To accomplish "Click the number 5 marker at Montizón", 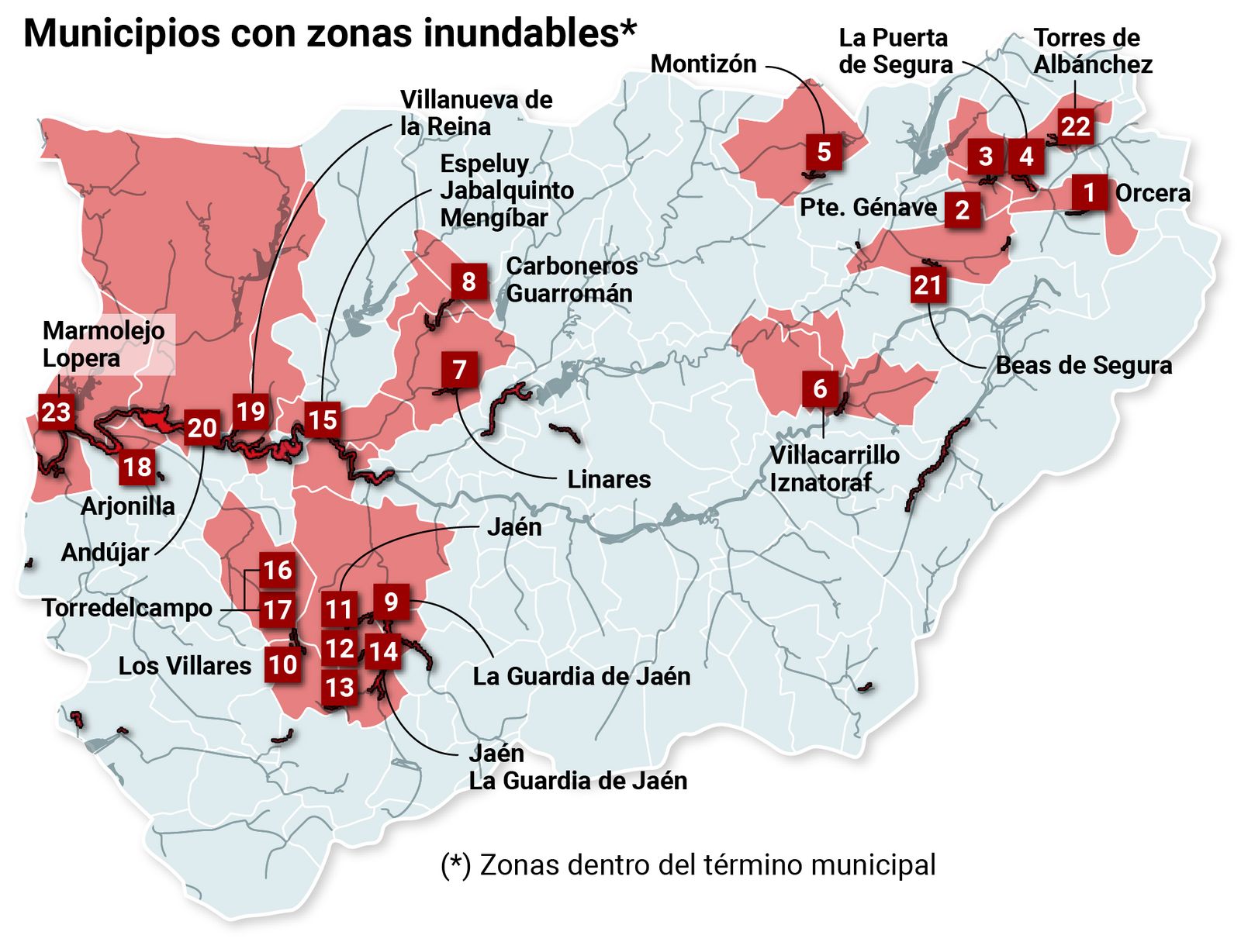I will [x=824, y=151].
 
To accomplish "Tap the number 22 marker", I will [x=1075, y=126].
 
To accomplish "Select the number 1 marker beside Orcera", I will [x=1089, y=192].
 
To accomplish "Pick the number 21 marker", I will [x=928, y=285].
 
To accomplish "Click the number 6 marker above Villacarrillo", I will [x=820, y=388].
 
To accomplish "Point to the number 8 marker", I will [x=468, y=281].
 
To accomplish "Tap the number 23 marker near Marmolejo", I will [x=56, y=412].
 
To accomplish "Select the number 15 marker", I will [x=322, y=419].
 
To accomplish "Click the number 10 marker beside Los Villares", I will [x=282, y=664].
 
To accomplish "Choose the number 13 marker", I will [x=340, y=687].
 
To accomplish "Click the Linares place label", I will [x=609, y=479].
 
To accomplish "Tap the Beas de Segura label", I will [x=1083, y=365].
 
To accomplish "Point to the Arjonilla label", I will [x=128, y=506].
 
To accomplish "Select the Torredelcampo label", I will [x=127, y=608].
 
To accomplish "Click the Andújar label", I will [x=105, y=553].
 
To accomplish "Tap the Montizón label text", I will [x=703, y=64].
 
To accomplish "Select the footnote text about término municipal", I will [x=688, y=864].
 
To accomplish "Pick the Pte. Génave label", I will [x=868, y=208].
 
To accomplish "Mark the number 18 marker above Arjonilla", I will [x=137, y=467].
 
